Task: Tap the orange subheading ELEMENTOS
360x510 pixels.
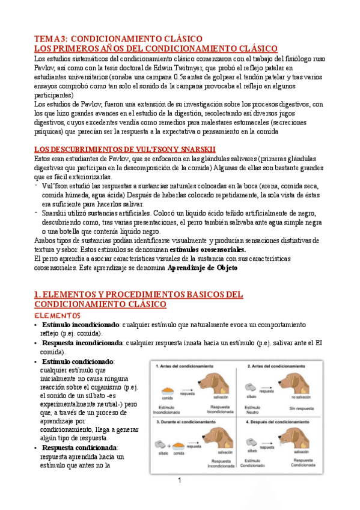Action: [x=58, y=315]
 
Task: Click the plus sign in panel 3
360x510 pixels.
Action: [x=168, y=446]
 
